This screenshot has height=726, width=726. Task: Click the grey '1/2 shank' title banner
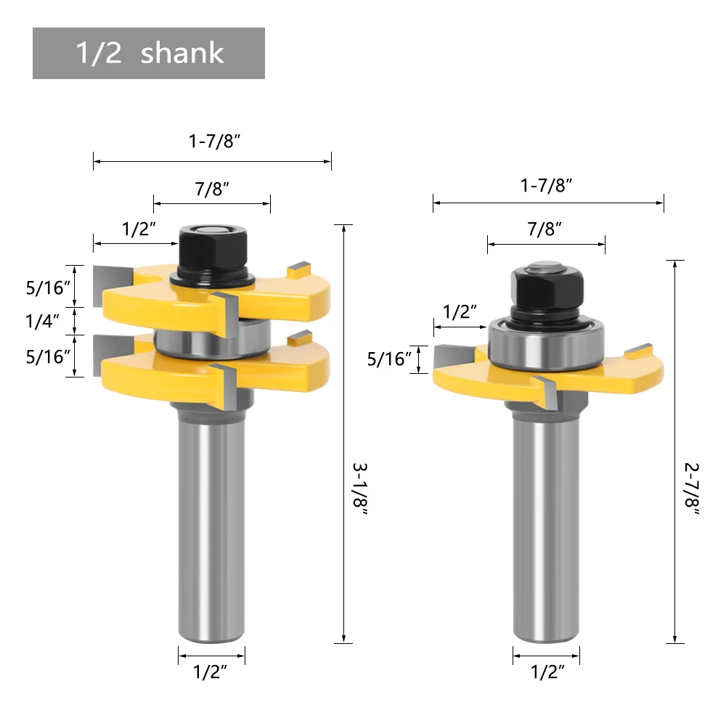149,53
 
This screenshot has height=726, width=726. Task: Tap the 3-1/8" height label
360,489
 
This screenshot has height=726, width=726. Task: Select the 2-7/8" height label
692,489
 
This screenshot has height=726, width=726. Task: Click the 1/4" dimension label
42,321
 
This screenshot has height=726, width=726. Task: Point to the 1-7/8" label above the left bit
214,141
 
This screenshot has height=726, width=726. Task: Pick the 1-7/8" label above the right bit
547,185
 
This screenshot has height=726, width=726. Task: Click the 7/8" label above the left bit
212,189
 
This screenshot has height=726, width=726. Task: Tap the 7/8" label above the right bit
544,229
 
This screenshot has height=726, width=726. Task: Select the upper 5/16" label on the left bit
48,287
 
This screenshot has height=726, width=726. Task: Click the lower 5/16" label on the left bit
48,356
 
